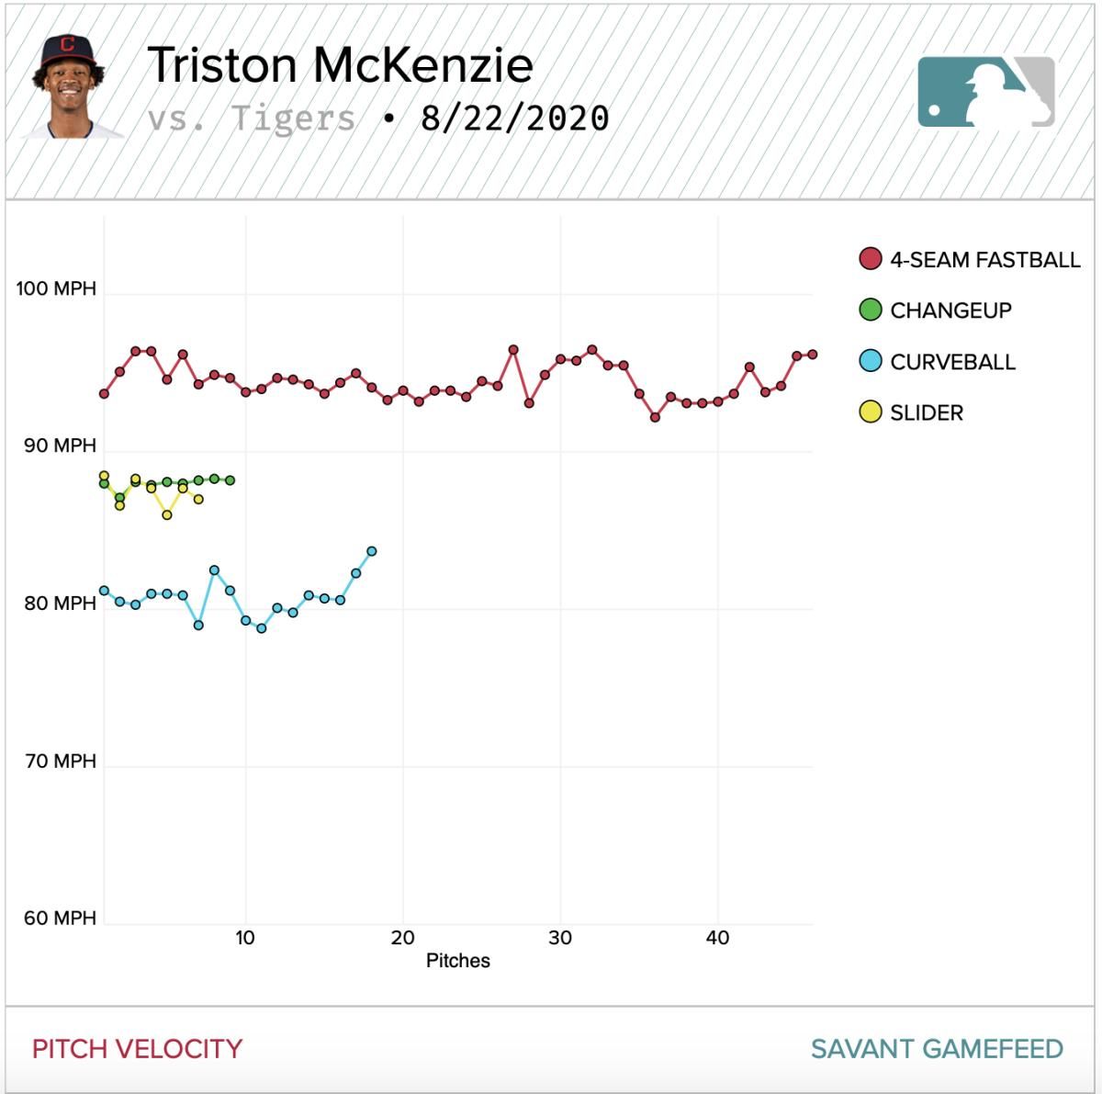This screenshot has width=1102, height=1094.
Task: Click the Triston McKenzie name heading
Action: click(x=341, y=65)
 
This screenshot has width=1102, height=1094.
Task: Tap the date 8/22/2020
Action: click(x=514, y=118)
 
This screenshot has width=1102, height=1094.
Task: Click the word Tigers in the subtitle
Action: click(x=293, y=119)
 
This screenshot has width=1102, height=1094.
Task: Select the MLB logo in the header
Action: click(x=986, y=92)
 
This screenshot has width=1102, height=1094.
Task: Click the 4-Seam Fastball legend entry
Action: click(x=970, y=259)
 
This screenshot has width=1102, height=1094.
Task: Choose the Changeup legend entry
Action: click(x=936, y=310)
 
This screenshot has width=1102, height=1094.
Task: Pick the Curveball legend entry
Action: click(x=938, y=362)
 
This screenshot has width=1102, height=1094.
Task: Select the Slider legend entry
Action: click(x=912, y=412)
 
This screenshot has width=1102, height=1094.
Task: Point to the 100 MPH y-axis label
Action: click(x=56, y=288)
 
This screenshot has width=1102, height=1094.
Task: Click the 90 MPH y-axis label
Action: click(x=60, y=445)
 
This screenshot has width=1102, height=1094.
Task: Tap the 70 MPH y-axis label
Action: click(x=61, y=761)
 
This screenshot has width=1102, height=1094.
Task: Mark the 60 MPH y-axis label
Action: click(x=60, y=918)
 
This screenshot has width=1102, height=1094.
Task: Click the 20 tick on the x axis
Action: click(x=402, y=938)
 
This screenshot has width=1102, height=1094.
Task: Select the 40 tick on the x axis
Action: click(x=717, y=938)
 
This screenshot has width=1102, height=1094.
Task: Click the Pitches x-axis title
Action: click(x=458, y=961)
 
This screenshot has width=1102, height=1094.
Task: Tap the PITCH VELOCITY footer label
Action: click(x=137, y=1049)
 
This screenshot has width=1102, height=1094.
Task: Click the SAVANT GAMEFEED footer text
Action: click(x=937, y=1049)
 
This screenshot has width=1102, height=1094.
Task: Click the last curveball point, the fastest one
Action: click(x=372, y=551)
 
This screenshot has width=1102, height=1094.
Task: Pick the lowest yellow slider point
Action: click(x=167, y=515)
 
